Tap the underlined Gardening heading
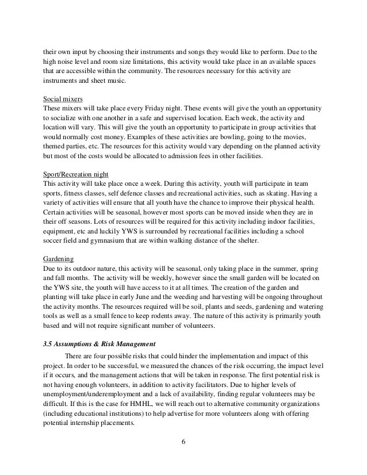tap(58, 259)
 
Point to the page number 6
tap(183, 442)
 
